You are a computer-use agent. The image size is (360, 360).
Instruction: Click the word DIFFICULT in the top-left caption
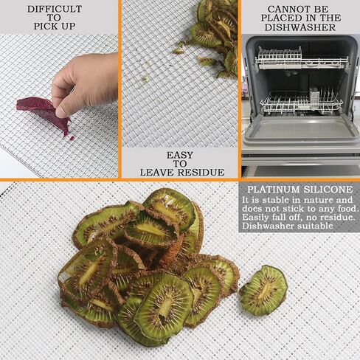click(x=55, y=9)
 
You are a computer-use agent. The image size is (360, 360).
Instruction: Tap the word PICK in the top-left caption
click(x=46, y=26)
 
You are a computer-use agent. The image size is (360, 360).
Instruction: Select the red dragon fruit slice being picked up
click(x=44, y=114)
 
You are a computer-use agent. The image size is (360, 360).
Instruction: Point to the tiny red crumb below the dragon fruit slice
click(x=72, y=138)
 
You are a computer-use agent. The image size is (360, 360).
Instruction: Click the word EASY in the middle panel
click(x=180, y=155)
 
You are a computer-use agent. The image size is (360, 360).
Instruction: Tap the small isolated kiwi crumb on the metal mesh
click(x=146, y=78)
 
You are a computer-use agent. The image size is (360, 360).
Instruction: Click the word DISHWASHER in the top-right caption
click(x=300, y=27)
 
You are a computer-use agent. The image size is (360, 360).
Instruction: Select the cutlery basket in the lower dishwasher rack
click(x=314, y=98)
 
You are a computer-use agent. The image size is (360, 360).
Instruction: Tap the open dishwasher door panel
click(x=300, y=131)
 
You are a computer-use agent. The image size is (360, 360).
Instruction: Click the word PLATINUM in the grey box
click(x=274, y=190)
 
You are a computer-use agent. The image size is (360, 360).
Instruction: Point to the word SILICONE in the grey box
click(x=328, y=190)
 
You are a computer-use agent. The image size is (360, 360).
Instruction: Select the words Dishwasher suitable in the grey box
click(x=288, y=226)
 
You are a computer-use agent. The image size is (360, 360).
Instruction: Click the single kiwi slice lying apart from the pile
click(x=263, y=291)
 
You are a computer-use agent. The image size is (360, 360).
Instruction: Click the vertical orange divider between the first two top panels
click(x=120, y=89)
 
